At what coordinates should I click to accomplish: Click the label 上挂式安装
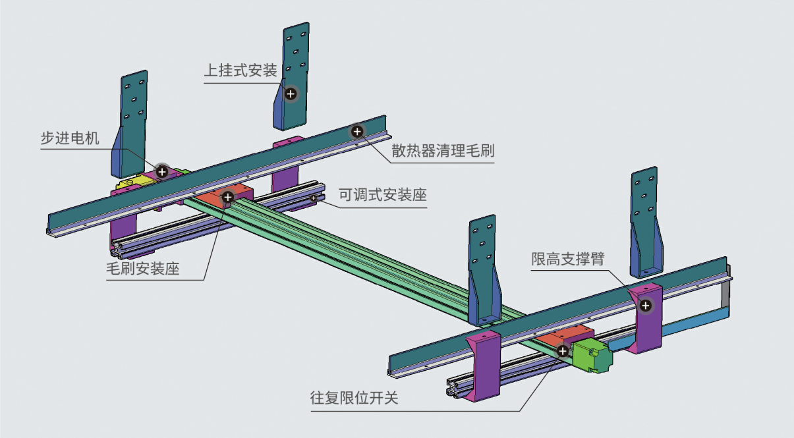pyautogui.click(x=240, y=70)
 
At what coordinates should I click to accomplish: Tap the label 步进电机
pyautogui.click(x=69, y=138)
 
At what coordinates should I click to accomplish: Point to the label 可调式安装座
pyautogui.click(x=382, y=195)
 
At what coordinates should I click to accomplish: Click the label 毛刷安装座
pyautogui.click(x=143, y=269)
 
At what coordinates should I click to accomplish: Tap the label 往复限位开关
pyautogui.click(x=354, y=398)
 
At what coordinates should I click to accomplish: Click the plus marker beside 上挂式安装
pyautogui.click(x=291, y=94)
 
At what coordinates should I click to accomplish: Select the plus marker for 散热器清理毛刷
pyautogui.click(x=357, y=132)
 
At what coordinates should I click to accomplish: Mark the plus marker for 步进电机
pyautogui.click(x=162, y=171)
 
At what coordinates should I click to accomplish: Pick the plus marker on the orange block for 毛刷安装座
pyautogui.click(x=228, y=196)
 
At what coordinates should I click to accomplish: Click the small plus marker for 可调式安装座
pyautogui.click(x=314, y=198)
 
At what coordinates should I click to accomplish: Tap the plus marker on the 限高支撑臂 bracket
pyautogui.click(x=646, y=305)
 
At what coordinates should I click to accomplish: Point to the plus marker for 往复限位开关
pyautogui.click(x=563, y=351)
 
